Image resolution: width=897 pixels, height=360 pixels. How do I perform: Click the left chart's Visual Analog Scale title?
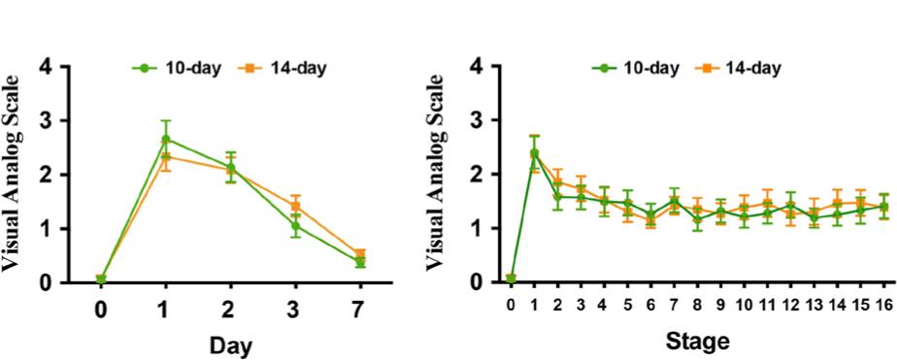click(19, 174)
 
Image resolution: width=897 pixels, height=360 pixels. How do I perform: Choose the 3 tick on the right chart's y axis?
click(475, 120)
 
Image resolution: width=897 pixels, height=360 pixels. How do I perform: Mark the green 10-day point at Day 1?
click(166, 140)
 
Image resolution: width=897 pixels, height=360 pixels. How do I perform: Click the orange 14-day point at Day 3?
click(295, 206)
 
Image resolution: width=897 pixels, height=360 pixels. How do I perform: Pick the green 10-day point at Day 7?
click(359, 262)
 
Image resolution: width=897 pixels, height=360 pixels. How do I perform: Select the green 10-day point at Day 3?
click(295, 226)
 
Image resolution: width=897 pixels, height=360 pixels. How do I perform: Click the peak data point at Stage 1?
click(535, 153)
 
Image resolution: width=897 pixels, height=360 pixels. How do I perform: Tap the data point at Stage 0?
click(512, 279)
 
